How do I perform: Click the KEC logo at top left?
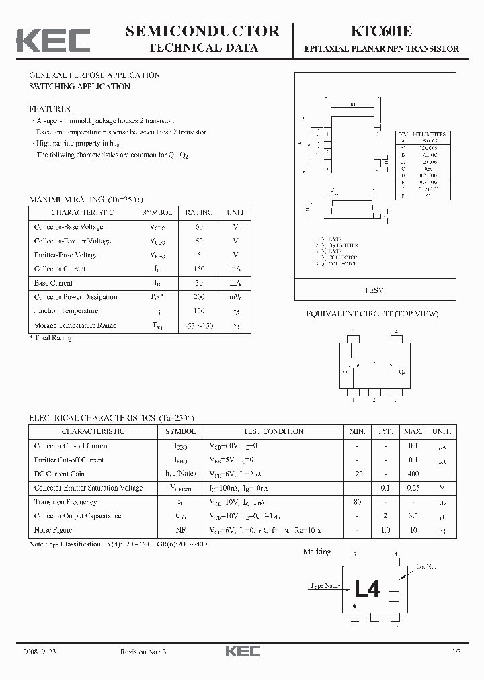(x=53, y=40)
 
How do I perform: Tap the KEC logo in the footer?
(x=241, y=651)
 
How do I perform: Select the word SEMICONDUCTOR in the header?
(x=202, y=31)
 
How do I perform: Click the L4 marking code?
(x=367, y=589)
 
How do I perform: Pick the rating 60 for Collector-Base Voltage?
(x=199, y=226)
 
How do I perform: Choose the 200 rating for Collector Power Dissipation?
(x=199, y=297)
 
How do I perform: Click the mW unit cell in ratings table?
(x=235, y=297)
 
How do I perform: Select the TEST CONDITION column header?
(x=273, y=431)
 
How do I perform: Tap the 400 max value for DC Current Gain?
(x=413, y=474)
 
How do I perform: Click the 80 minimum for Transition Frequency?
(x=357, y=502)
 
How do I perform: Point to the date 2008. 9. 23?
(x=46, y=652)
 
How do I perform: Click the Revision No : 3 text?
(x=143, y=652)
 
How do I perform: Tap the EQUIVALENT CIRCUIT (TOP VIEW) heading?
(x=372, y=314)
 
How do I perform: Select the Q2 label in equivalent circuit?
(x=402, y=371)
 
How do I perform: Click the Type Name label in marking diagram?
(x=325, y=586)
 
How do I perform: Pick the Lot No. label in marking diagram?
(x=426, y=567)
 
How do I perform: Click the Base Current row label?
(x=53, y=283)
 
